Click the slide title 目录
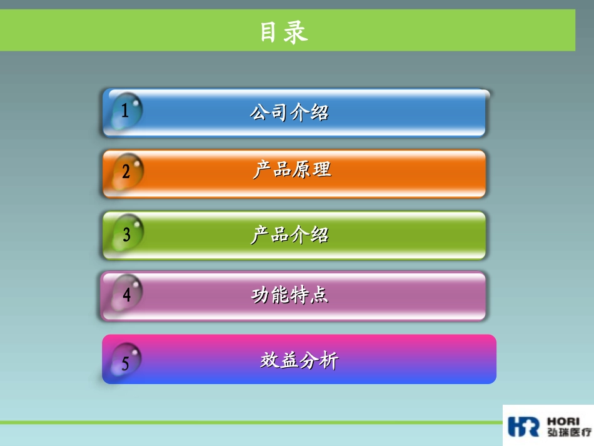click(x=284, y=32)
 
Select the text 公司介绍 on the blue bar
click(x=289, y=113)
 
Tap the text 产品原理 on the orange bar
click(x=292, y=170)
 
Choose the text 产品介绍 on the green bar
click(x=289, y=235)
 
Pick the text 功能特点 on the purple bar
click(x=290, y=295)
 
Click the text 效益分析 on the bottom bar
click(x=300, y=361)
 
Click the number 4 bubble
click(x=127, y=294)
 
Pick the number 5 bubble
click(x=125, y=362)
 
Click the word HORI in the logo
click(x=563, y=421)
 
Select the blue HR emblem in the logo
click(x=523, y=426)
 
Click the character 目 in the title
click(x=269, y=32)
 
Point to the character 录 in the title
click(x=296, y=32)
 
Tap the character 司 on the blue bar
click(x=279, y=113)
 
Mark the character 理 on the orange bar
click(x=321, y=170)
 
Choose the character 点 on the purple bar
click(x=320, y=295)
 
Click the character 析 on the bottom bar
click(x=329, y=361)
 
